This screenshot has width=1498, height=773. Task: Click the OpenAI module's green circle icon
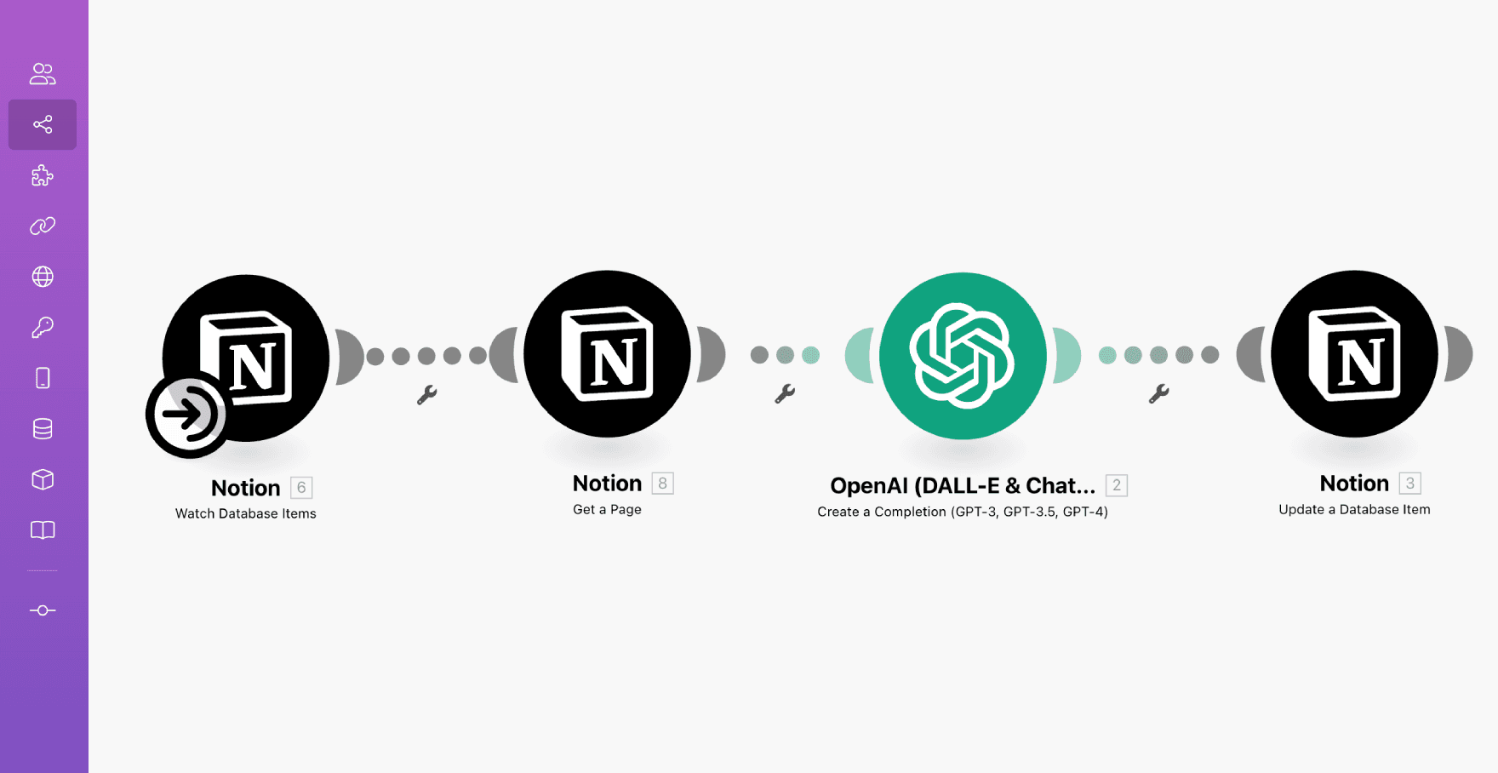pyautogui.click(x=963, y=356)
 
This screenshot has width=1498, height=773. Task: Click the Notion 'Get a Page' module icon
pyautogui.click(x=607, y=354)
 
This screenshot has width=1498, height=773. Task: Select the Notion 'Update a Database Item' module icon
pyautogui.click(x=1354, y=354)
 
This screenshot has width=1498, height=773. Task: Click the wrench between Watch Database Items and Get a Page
pyautogui.click(x=426, y=394)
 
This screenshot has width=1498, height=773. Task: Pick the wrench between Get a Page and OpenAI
pyautogui.click(x=785, y=393)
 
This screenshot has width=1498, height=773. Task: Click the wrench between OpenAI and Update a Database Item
pyautogui.click(x=1158, y=393)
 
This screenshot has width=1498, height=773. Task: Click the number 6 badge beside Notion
pyautogui.click(x=301, y=488)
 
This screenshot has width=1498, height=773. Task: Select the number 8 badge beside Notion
pyautogui.click(x=662, y=484)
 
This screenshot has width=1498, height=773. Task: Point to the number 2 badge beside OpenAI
pyautogui.click(x=1117, y=485)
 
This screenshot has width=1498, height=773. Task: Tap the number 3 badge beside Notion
pyautogui.click(x=1410, y=484)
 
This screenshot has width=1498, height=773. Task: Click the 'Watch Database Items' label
pyautogui.click(x=246, y=513)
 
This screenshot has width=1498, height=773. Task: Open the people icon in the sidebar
pyautogui.click(x=43, y=74)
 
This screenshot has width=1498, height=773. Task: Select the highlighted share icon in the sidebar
pyautogui.click(x=43, y=124)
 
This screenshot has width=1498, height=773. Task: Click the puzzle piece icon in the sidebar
pyautogui.click(x=43, y=175)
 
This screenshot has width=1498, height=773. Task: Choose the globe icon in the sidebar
pyautogui.click(x=43, y=277)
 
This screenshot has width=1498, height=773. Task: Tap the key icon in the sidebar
pyautogui.click(x=43, y=327)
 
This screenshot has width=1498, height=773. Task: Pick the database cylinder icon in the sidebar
pyautogui.click(x=43, y=428)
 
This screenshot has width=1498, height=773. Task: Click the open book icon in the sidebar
pyautogui.click(x=43, y=530)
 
